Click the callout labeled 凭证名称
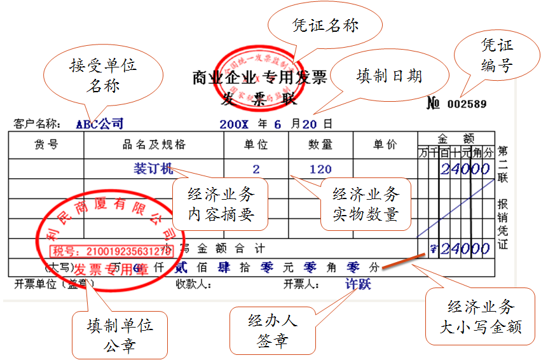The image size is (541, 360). [x=325, y=25]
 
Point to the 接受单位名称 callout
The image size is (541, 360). [x=103, y=74]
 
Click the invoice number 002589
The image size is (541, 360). [x=467, y=104]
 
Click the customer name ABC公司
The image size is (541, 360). [x=100, y=123]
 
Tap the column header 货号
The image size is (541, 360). [x=46, y=145]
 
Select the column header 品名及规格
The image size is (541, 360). [x=154, y=145]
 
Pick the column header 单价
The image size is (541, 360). [x=385, y=145]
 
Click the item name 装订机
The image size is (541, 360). [x=153, y=169]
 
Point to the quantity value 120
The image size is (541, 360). [x=320, y=169]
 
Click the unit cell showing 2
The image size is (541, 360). [x=256, y=169]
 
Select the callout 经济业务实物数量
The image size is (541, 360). [x=365, y=204]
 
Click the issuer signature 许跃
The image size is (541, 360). [x=358, y=284]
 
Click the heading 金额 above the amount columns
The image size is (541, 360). [x=456, y=137]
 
